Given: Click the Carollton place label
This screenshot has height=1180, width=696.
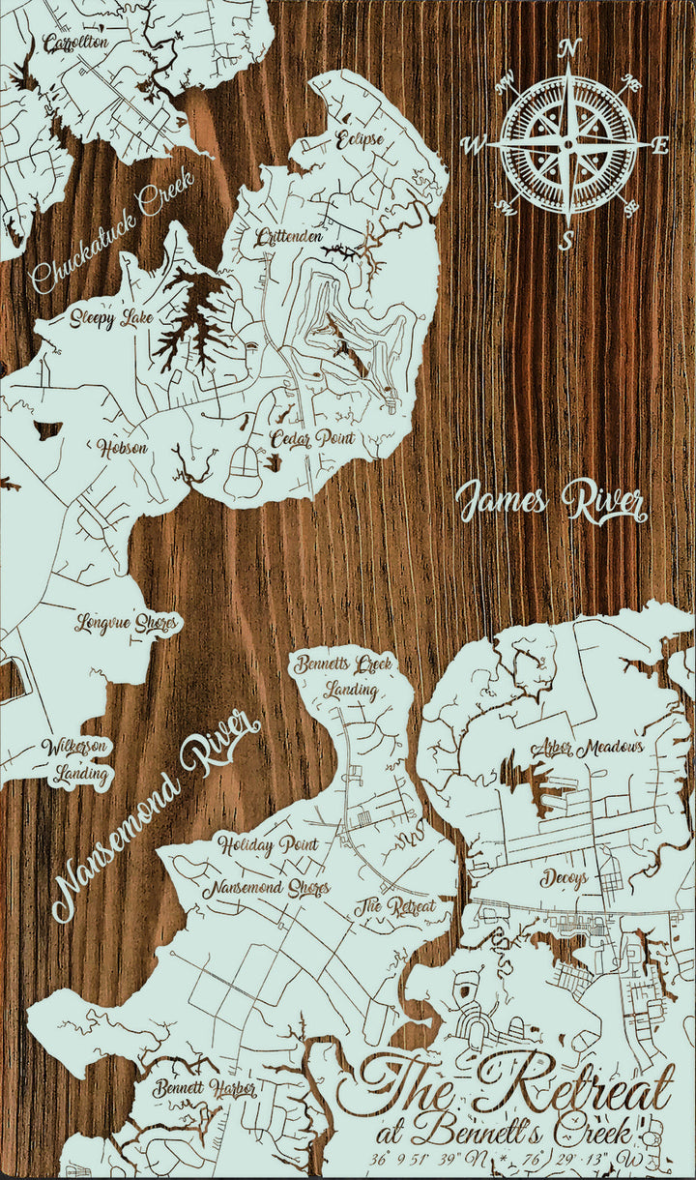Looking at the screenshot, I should point(75,44).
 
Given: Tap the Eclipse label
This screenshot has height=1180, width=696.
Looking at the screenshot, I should point(360,139).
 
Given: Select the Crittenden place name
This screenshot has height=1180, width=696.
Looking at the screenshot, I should point(289,237).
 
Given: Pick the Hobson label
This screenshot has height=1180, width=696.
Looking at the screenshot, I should point(122,448).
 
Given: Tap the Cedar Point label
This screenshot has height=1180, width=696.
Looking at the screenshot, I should point(312,438).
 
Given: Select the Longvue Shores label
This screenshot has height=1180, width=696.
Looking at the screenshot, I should point(127,623).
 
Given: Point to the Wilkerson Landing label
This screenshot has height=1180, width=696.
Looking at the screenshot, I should point(74,760).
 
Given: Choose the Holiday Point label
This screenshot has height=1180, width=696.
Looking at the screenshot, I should point(268,845).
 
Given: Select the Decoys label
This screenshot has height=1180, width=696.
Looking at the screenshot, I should point(565,878).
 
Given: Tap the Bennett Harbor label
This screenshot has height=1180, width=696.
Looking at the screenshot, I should point(204,1089).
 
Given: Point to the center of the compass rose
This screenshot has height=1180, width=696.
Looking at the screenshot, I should point(567,143).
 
